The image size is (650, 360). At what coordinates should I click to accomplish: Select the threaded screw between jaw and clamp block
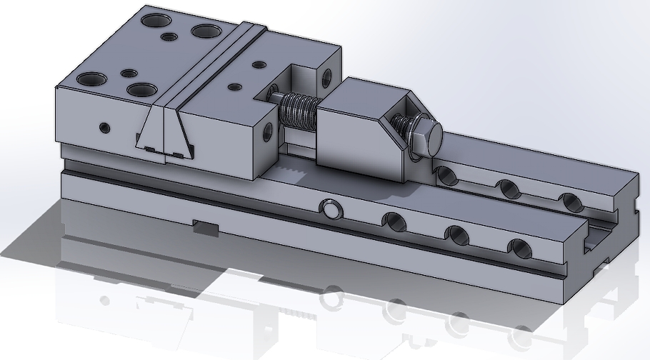tap(297, 111)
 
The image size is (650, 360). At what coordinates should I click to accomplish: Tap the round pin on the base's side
tap(331, 209)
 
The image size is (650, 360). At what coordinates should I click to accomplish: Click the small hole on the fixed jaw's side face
tap(105, 129)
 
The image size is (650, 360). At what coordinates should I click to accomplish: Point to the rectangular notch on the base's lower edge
tap(206, 228)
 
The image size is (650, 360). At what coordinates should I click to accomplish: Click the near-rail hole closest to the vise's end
tap(521, 248)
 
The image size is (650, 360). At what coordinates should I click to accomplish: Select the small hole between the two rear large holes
tap(169, 36)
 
